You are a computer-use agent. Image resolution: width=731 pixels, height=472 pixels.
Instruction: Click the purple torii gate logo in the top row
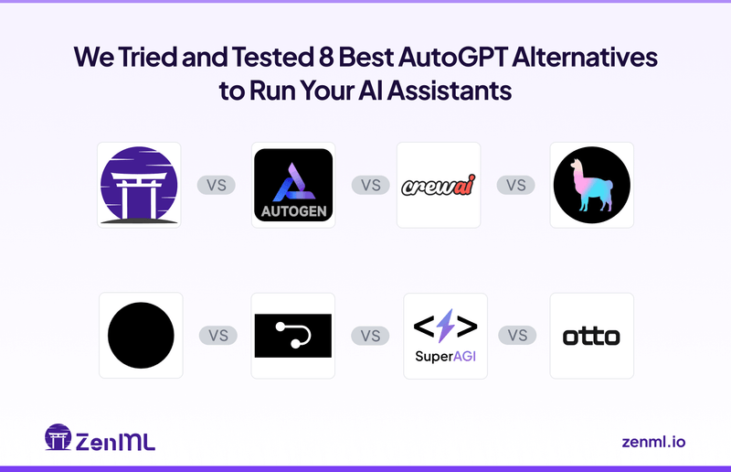tap(139, 185)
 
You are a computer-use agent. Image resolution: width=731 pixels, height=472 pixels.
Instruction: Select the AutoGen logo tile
tap(292, 185)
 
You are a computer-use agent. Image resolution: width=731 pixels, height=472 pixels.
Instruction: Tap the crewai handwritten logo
tap(439, 186)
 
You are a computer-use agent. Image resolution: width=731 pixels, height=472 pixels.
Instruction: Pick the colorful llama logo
tap(591, 185)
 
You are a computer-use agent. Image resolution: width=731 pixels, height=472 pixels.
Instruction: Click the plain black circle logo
tap(141, 336)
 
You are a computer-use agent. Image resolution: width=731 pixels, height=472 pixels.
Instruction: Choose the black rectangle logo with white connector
tap(292, 336)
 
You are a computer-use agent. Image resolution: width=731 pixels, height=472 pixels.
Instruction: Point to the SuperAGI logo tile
tap(445, 336)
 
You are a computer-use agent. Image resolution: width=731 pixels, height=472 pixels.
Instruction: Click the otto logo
tap(591, 336)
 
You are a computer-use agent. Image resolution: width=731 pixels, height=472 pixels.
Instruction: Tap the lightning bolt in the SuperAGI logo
tap(445, 327)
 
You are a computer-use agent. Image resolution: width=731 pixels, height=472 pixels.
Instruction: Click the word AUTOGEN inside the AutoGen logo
tap(292, 212)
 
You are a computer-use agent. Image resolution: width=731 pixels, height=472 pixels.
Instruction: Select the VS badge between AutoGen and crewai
tap(370, 185)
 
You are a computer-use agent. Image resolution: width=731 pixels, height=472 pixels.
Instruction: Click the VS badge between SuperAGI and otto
tap(517, 336)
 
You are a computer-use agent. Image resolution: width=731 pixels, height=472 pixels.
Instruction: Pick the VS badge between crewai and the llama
tap(516, 185)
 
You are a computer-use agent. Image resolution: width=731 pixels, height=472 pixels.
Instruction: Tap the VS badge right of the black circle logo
tap(217, 336)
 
